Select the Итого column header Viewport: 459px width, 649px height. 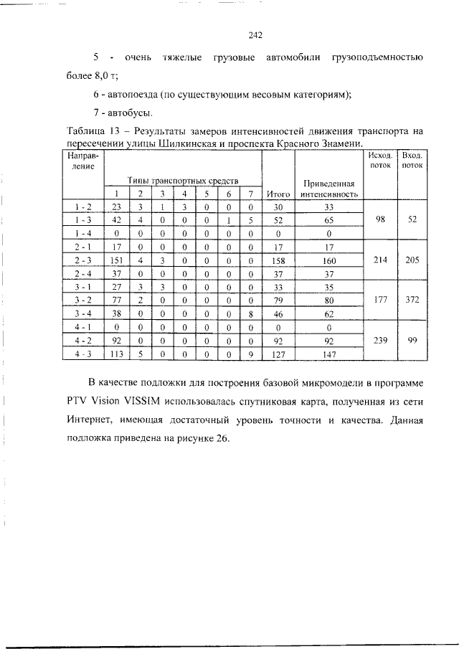(278, 194)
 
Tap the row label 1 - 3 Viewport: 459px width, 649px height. (83, 220)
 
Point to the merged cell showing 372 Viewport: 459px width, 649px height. (412, 300)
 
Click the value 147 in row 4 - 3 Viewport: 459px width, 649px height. (328, 353)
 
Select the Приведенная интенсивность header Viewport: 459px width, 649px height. (328, 188)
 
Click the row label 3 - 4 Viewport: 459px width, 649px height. (83, 313)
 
